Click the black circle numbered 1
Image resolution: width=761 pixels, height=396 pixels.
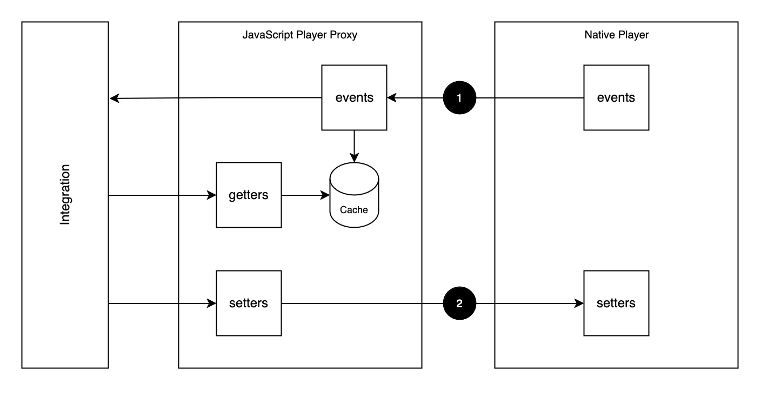coord(459,98)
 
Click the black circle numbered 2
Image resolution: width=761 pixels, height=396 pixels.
coord(459,303)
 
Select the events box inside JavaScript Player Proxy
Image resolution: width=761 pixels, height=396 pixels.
coord(354,98)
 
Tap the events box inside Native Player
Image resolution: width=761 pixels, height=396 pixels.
coord(616,98)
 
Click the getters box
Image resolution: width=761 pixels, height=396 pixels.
coord(249,195)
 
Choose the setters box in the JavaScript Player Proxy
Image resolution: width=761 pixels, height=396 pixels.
coord(249,303)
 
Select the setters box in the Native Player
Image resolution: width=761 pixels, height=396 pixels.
coord(616,303)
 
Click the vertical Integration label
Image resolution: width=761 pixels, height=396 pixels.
coord(65,195)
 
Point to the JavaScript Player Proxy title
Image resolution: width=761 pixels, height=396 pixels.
coord(300,35)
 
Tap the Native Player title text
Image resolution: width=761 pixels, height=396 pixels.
coord(616,35)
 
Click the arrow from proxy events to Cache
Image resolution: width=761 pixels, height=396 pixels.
coord(354,145)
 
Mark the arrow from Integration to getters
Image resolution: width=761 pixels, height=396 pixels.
coord(159,195)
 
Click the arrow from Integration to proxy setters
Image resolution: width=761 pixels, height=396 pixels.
coord(159,303)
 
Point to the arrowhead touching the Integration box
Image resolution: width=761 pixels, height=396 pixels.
coord(114,98)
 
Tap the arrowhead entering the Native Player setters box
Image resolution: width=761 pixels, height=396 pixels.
coord(579,303)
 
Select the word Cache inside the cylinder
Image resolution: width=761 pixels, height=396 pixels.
coord(354,210)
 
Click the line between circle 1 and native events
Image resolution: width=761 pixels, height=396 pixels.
coord(530,98)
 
